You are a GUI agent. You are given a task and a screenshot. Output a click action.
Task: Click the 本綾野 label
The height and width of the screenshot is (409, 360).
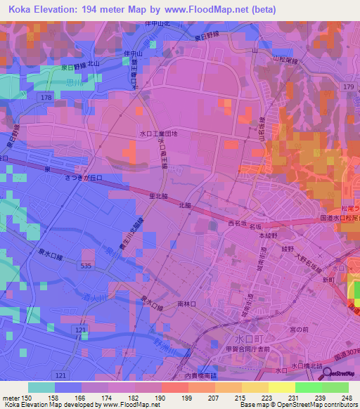(x=267, y=236)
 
